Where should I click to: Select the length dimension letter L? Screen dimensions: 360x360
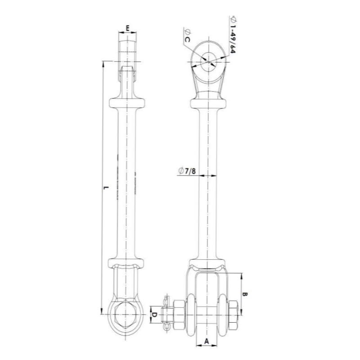pyautogui.click(x=105, y=188)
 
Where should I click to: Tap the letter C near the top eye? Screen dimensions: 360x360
pyautogui.click(x=188, y=40)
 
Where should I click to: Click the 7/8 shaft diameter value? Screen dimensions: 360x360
pyautogui.click(x=190, y=171)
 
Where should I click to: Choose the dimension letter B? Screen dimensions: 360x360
pyautogui.click(x=245, y=294)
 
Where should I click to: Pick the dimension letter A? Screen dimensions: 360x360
pyautogui.click(x=207, y=342)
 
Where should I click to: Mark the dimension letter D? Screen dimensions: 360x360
pyautogui.click(x=153, y=314)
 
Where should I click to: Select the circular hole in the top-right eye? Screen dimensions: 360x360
pyautogui.click(x=208, y=60)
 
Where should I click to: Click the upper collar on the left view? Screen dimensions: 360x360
pyautogui.click(x=128, y=101)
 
